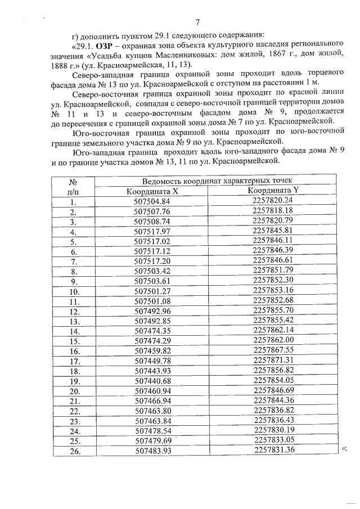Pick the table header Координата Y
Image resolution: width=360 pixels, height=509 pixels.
[273, 190]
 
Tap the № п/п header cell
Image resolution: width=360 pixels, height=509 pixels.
[73, 186]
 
